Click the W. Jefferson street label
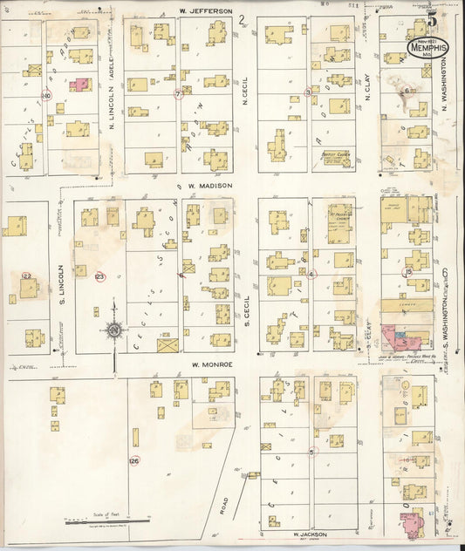pyautogui.click(x=206, y=10)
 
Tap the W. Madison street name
pyautogui.click(x=208, y=186)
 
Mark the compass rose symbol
pyautogui.click(x=113, y=330)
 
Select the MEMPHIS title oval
pyautogui.click(x=427, y=48)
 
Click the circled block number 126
pyautogui.click(x=133, y=460)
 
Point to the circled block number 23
pyautogui.click(x=99, y=276)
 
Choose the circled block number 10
pyautogui.click(x=46, y=95)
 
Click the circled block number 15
pyautogui.click(x=407, y=273)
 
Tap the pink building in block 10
pyautogui.click(x=80, y=85)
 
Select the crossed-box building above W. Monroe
pyautogui.click(x=168, y=344)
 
